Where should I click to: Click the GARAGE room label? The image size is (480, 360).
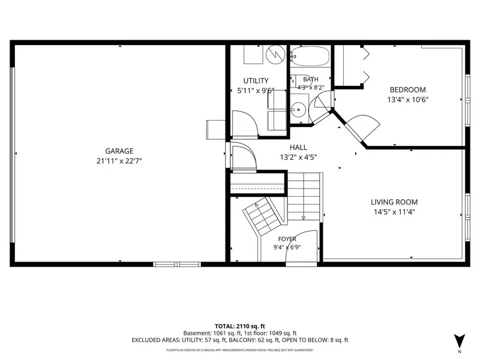click(119, 151)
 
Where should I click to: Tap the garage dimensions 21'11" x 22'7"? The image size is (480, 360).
click(119, 161)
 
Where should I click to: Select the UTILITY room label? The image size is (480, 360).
click(256, 81)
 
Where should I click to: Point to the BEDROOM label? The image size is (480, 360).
click(407, 89)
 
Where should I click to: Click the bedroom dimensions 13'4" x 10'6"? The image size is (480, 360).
click(407, 100)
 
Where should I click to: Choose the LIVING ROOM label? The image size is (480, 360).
click(394, 202)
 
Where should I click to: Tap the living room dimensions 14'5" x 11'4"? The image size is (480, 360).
click(394, 212)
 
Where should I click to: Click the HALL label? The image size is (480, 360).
click(298, 147)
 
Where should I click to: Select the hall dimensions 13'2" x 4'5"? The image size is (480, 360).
click(298, 157)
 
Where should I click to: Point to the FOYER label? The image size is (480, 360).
click(287, 239)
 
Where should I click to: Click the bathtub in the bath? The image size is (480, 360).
click(310, 56)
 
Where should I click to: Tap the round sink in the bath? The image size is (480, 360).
click(298, 109)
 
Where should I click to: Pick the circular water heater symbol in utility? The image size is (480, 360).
click(275, 55)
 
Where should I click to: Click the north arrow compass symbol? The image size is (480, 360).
click(459, 341)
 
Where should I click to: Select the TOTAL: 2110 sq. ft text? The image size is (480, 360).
click(239, 326)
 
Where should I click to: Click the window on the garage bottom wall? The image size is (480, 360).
click(177, 264)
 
